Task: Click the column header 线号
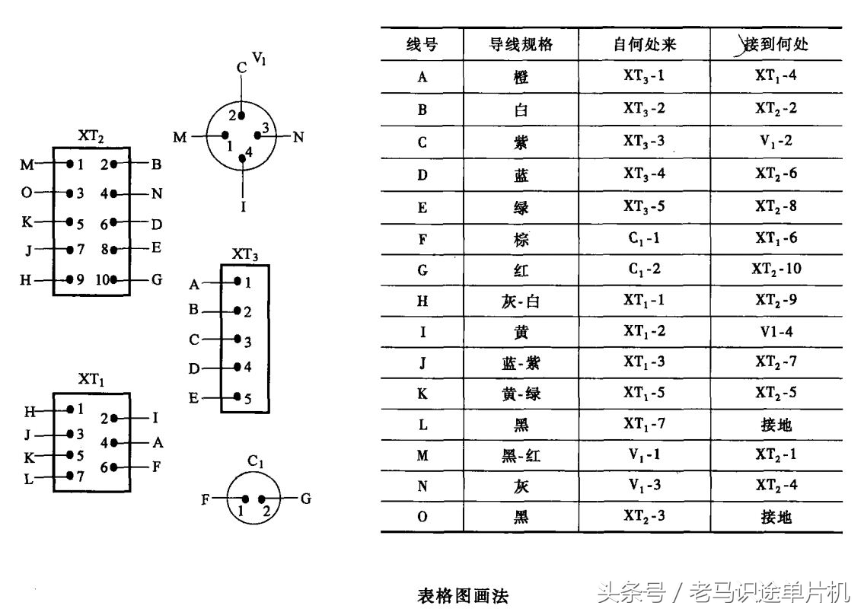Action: tap(422, 44)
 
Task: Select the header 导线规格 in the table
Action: tap(521, 44)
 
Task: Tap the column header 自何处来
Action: tap(644, 44)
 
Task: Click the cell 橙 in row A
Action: tap(521, 77)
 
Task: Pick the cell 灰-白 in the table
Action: tap(521, 301)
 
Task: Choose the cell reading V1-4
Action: tap(776, 332)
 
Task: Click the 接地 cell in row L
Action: tap(776, 424)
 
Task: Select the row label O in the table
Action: tap(422, 517)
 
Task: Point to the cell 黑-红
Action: tap(521, 455)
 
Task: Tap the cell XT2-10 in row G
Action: tap(776, 269)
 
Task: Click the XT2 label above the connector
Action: tap(91, 137)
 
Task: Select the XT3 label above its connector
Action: tap(246, 254)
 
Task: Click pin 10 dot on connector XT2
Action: tap(114, 279)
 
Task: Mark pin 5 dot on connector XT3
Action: tap(238, 397)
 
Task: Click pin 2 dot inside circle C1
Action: tap(261, 499)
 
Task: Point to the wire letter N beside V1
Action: tap(298, 137)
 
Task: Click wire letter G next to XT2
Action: tap(157, 279)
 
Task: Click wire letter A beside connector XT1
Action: tap(158, 441)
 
